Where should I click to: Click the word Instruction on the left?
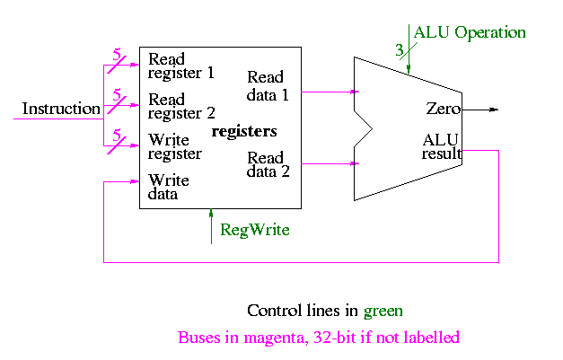[61, 110]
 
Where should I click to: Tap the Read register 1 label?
[181, 66]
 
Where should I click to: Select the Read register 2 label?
[181, 106]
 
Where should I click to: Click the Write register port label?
[175, 146]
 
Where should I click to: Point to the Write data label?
[169, 186]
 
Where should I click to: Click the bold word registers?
[243, 132]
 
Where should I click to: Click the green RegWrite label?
[255, 230]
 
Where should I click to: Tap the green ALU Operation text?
[470, 32]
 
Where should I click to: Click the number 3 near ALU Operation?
[400, 50]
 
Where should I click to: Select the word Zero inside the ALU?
[444, 109]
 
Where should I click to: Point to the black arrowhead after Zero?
[492, 110]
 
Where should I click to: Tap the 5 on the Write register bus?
[117, 135]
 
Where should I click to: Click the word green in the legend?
[383, 311]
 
